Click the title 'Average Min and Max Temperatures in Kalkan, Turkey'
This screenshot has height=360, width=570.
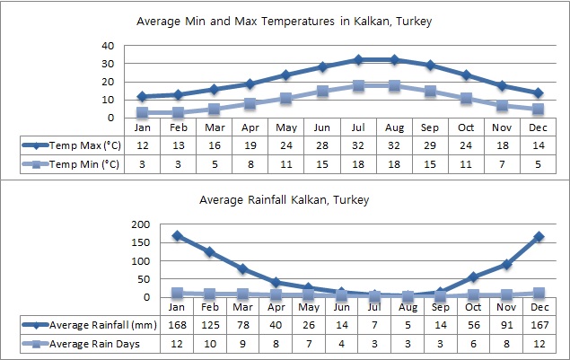284,22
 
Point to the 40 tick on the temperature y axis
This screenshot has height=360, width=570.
108,46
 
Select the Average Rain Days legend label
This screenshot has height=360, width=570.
93,342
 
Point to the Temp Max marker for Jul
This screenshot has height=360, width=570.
358,60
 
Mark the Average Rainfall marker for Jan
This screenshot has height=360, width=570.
177,236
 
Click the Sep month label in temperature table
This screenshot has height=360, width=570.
430,126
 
